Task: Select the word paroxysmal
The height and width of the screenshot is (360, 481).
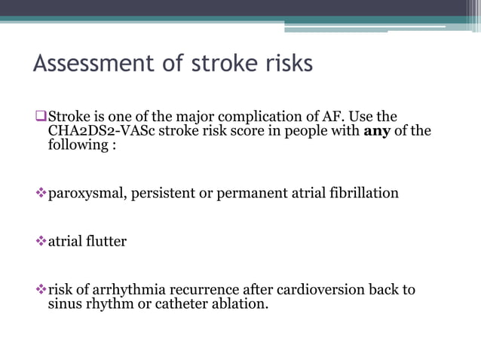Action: [85, 194]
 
